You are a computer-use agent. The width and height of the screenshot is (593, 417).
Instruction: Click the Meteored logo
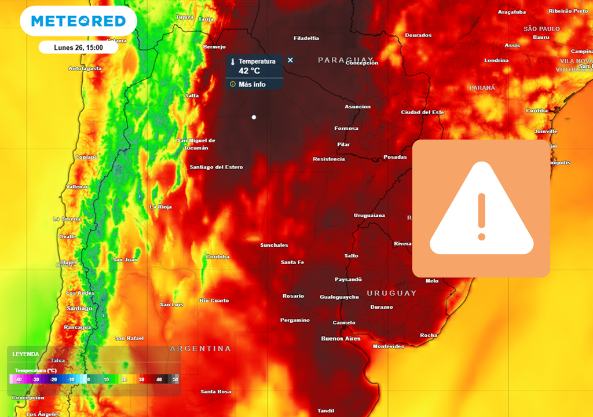point(78,21)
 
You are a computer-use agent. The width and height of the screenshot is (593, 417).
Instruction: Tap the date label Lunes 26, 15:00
point(79,47)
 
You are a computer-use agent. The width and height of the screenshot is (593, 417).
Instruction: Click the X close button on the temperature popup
point(290,60)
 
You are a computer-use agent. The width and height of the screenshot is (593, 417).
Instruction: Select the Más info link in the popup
point(252,84)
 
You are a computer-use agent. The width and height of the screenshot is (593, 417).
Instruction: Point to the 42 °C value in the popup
point(250,71)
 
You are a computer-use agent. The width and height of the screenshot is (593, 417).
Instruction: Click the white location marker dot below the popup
point(254,117)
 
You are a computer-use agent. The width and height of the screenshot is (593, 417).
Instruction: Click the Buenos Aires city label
point(341,338)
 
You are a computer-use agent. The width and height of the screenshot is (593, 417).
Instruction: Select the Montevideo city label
point(388,346)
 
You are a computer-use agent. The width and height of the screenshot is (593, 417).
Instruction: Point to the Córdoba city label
point(218,257)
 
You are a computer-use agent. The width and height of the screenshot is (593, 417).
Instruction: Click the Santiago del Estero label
point(217,167)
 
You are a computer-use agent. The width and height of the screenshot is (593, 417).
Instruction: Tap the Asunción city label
point(357,107)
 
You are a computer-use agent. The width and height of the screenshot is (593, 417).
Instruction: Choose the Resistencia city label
point(328,159)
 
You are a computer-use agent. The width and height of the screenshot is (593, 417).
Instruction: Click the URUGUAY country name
point(391,293)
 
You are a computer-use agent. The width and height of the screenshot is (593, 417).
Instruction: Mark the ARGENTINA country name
point(200,349)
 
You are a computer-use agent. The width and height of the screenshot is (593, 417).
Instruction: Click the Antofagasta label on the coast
point(85,68)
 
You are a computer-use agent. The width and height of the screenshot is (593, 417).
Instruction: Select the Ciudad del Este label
point(423,112)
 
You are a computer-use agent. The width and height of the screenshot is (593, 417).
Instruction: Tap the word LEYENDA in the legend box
point(26,354)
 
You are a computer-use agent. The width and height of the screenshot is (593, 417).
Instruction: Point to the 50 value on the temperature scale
point(175,379)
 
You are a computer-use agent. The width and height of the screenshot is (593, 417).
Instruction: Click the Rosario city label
point(293,296)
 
